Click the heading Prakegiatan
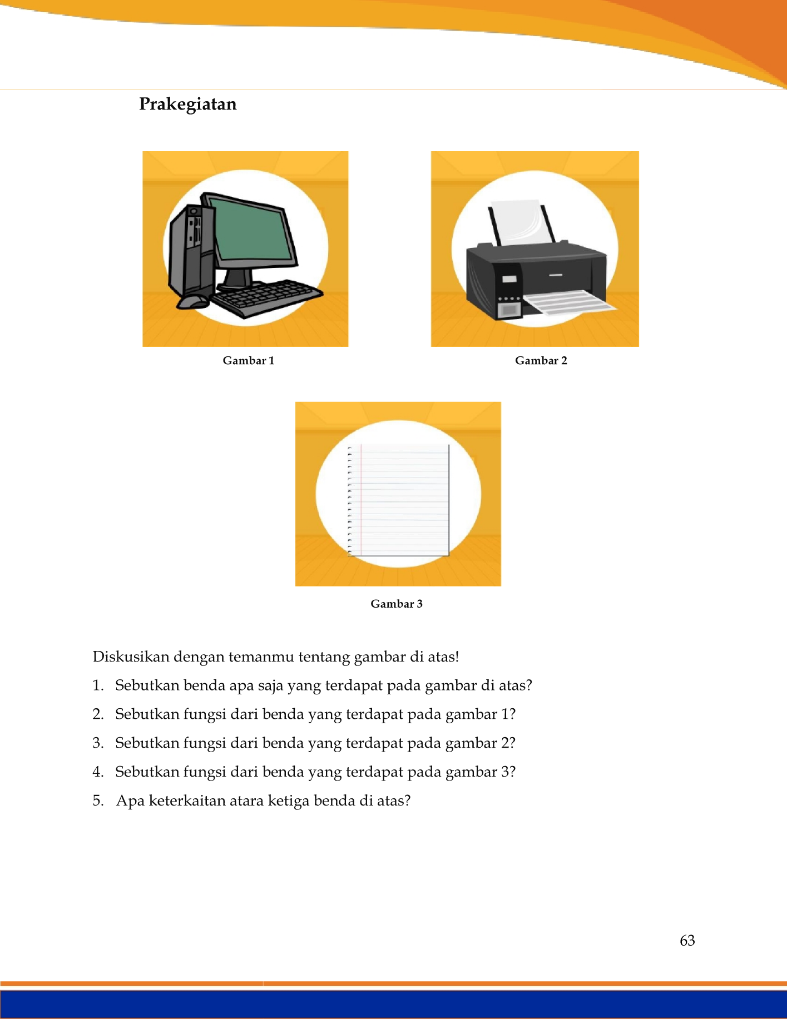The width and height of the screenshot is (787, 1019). pos(187,105)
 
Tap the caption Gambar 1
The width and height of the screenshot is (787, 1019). pos(249,360)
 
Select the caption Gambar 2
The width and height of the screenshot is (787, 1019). pos(541,360)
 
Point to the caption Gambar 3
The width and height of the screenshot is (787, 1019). pos(397,604)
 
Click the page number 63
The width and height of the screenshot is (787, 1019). pos(687,940)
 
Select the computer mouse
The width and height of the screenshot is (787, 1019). pos(192,302)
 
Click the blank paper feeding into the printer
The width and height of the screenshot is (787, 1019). pos(522,223)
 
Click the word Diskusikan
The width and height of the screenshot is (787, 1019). pos(131,657)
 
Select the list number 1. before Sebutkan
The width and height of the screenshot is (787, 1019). pos(98,685)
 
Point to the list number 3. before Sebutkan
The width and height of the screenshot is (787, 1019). pos(98,743)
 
